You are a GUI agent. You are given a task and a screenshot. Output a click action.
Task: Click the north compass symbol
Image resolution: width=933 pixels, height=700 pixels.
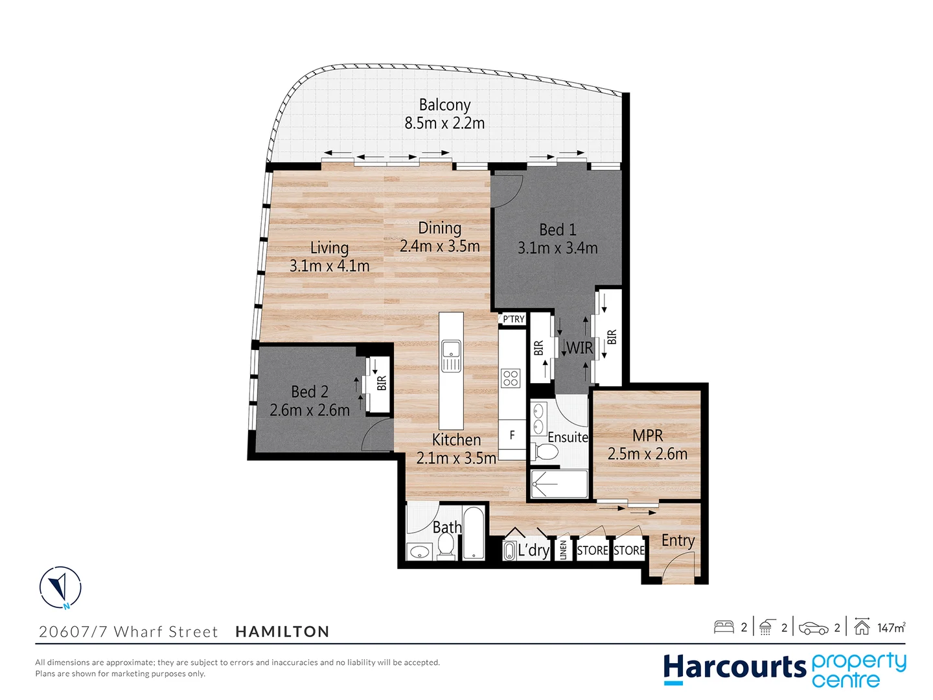60,588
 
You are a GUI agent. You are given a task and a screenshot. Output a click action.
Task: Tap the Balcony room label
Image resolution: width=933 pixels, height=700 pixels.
444,105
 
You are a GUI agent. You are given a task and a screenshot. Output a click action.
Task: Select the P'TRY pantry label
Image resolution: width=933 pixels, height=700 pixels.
514,319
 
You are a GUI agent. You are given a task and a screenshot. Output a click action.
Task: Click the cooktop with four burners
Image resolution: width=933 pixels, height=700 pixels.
511,378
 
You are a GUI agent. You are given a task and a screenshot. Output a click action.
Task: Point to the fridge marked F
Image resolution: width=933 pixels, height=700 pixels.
512,436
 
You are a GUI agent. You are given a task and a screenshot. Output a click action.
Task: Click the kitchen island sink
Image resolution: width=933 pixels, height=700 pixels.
451,356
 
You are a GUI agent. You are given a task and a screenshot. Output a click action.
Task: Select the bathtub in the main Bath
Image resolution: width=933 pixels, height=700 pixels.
474,533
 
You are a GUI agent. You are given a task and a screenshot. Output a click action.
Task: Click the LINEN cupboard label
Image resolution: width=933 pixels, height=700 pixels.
564,550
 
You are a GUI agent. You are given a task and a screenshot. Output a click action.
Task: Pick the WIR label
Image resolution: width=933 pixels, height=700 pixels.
580,348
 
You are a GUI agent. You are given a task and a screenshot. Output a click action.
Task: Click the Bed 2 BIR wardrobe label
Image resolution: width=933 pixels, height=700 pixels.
382,383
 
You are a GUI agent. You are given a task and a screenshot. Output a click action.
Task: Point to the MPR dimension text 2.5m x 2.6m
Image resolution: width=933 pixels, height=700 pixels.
647,454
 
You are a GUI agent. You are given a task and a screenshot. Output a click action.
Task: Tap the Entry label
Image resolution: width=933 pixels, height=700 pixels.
678,541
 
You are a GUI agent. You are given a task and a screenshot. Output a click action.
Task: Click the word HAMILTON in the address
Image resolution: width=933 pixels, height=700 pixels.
282,631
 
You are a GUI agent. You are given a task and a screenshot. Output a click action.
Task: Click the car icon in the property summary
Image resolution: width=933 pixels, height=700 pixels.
813,627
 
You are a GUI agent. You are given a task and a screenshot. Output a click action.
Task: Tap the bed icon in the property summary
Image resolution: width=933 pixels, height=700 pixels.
724,627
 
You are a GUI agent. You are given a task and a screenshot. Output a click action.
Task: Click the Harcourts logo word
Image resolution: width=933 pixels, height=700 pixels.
734,668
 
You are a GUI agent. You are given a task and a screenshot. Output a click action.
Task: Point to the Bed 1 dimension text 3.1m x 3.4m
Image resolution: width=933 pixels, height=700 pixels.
557,248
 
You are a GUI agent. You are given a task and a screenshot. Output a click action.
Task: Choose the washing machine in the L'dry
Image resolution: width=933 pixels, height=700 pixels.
509,551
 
